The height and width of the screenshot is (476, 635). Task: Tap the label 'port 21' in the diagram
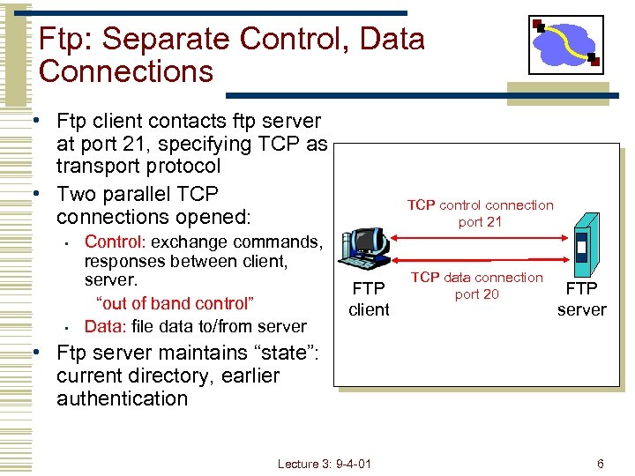coord(480,222)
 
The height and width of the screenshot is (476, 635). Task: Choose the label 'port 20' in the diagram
coord(476,294)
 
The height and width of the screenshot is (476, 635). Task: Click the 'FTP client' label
coord(369,299)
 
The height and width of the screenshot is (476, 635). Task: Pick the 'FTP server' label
coord(581,299)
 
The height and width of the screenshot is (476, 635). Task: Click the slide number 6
coord(600,464)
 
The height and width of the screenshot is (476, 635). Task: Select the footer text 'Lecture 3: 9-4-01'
coord(324,464)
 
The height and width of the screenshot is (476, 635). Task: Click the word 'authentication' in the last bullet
coord(123,398)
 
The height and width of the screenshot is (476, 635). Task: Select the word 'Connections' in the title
coord(126,71)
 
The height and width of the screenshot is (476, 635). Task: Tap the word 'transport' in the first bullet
coord(97,167)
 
